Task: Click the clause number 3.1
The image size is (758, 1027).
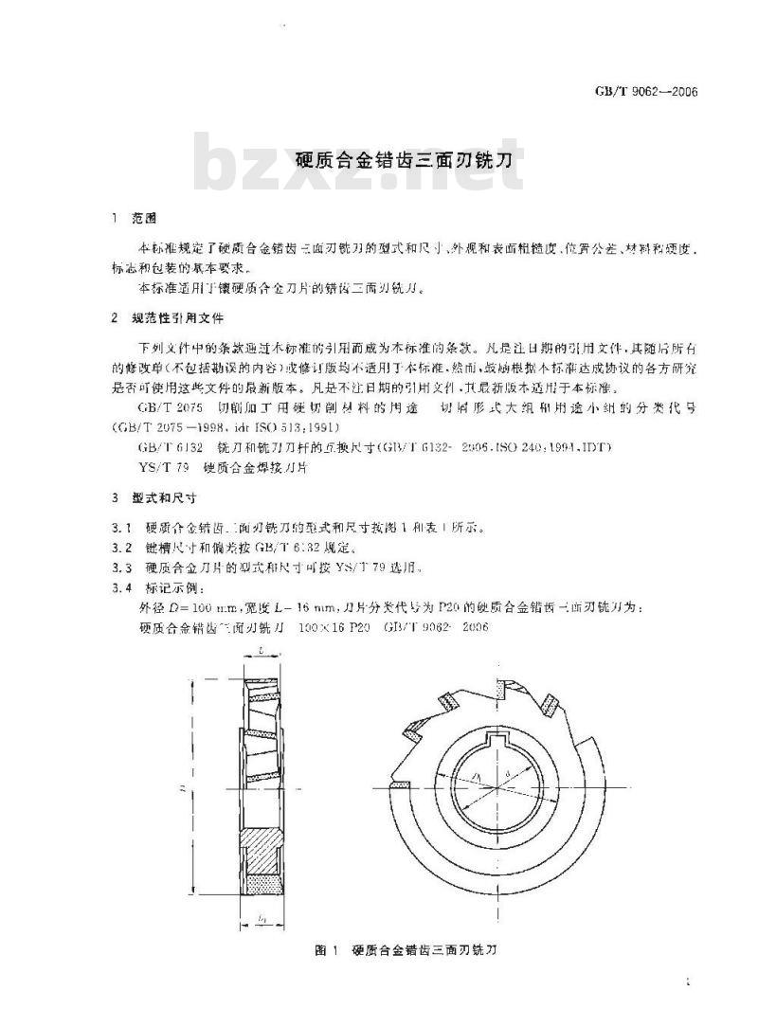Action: coord(120,528)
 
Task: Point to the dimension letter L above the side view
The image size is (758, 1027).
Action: coord(260,652)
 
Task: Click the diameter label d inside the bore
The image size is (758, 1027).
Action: coord(508,775)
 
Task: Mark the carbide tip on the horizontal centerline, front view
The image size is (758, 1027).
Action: coord(401,785)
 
